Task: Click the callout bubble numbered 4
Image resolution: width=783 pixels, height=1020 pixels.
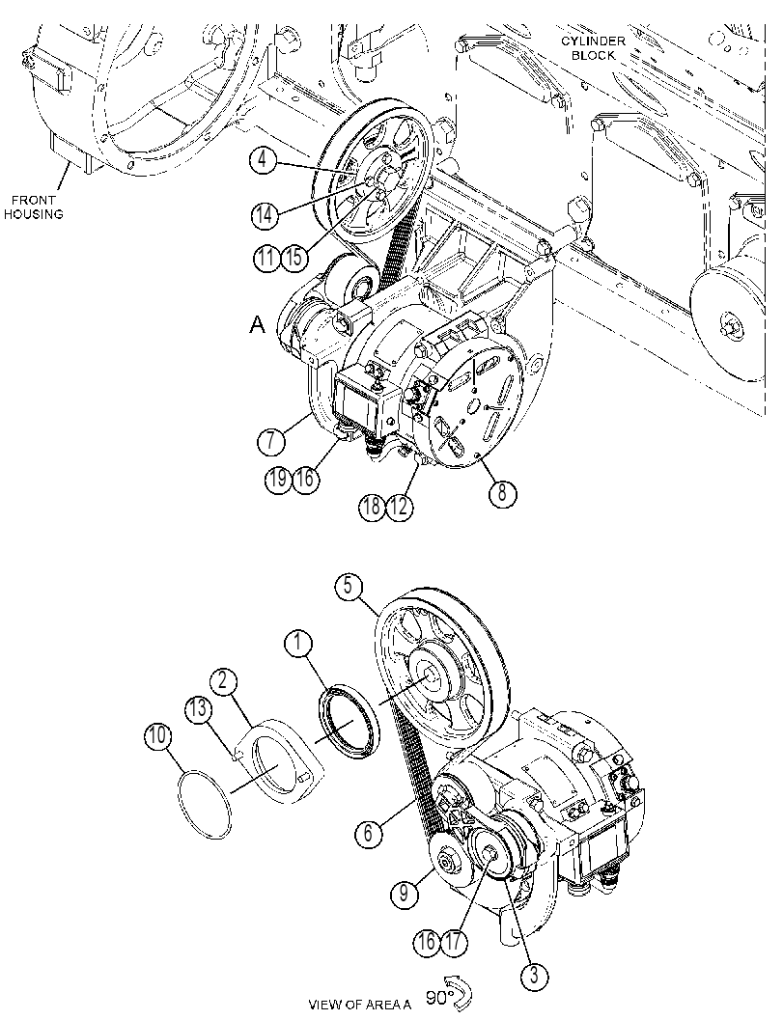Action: coord(263,158)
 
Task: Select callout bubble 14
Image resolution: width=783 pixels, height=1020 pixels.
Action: coord(264,214)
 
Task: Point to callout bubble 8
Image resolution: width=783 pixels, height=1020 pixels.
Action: coord(502,492)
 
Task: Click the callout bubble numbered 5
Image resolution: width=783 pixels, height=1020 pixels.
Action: coord(349,586)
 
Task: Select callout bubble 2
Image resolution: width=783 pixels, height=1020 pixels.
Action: coord(223,681)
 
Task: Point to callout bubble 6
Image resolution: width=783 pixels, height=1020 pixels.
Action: coord(369,832)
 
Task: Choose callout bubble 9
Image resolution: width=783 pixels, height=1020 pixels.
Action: coord(405,893)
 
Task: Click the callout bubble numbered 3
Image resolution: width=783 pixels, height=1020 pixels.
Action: coord(534,976)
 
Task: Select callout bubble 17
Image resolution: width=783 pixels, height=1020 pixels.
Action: coord(455,942)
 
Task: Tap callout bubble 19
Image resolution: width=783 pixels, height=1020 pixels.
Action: coord(278,480)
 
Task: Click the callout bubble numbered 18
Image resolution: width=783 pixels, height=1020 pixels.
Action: coord(372,506)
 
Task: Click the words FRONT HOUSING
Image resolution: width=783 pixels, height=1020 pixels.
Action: coord(33,207)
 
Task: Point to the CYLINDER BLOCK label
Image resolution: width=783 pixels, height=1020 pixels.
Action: coord(593,48)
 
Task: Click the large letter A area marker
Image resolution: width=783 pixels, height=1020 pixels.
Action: coord(258,325)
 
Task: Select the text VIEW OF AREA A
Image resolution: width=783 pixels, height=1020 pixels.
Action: coord(360,1005)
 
